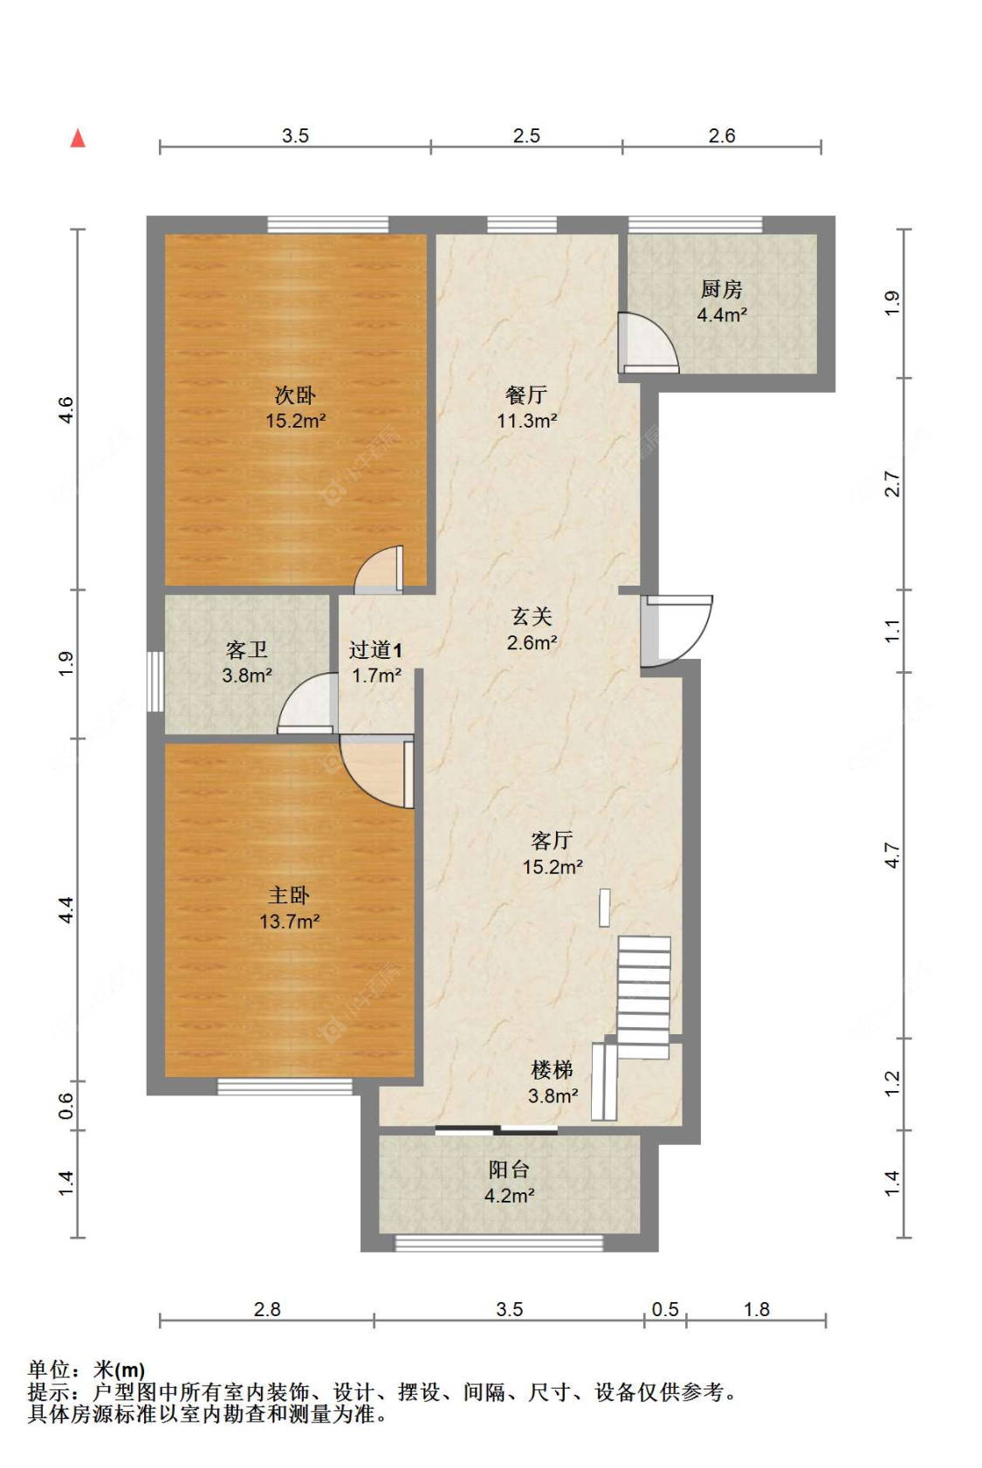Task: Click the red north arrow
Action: [78, 138]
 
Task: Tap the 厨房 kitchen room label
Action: [722, 301]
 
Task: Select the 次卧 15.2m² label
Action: [295, 408]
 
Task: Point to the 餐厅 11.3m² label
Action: [526, 408]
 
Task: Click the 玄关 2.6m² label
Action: [532, 629]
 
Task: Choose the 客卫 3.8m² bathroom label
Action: [246, 662]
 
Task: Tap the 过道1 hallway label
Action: [375, 662]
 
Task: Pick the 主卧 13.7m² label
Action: [289, 909]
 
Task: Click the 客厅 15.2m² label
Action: [552, 854]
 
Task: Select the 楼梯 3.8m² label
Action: [553, 1082]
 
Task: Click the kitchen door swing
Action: [649, 343]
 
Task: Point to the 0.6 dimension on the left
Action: [66, 1105]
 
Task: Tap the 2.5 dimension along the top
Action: [526, 135]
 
